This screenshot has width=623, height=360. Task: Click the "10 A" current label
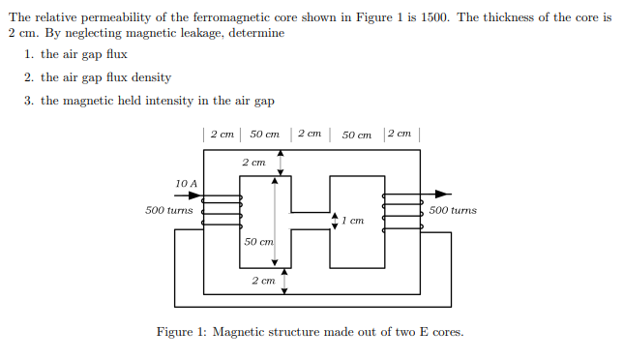click(x=186, y=183)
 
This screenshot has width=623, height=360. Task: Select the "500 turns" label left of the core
click(x=168, y=210)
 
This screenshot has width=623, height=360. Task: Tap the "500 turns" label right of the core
click(x=453, y=210)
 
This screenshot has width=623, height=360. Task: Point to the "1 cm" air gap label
click(x=352, y=221)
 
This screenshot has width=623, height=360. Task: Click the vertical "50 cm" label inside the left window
click(x=257, y=241)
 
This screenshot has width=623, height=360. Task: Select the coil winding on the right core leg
click(x=402, y=210)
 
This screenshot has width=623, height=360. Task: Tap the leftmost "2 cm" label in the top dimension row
click(x=221, y=134)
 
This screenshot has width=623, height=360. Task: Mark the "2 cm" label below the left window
click(x=263, y=280)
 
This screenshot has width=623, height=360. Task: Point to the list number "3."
click(x=30, y=101)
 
